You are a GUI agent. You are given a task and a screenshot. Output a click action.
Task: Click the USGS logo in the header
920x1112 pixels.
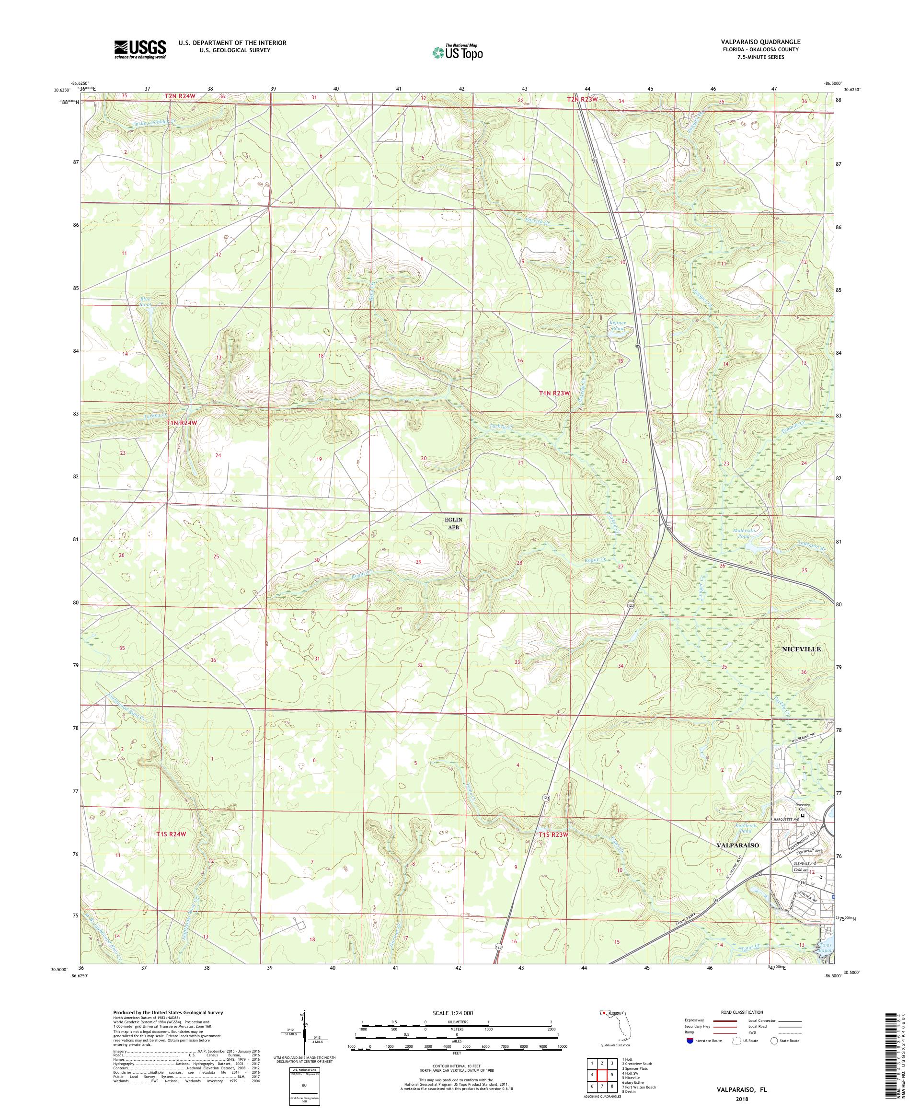tap(140, 50)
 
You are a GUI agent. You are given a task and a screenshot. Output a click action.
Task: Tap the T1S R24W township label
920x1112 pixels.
tap(172, 849)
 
